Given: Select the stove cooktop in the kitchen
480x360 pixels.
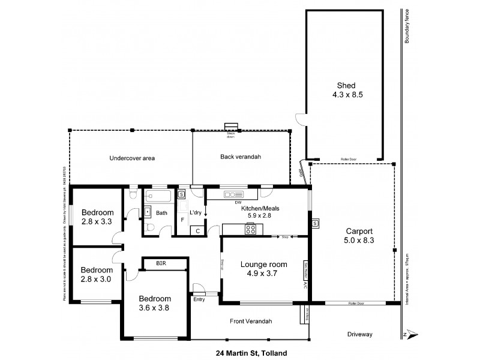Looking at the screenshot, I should pyautogui.click(x=251, y=229).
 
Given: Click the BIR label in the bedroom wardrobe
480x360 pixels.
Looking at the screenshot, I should pyautogui.click(x=161, y=263).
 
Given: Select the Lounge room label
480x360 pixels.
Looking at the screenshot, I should pyautogui.click(x=264, y=264).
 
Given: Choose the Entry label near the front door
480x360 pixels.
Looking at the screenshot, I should pyautogui.click(x=199, y=300).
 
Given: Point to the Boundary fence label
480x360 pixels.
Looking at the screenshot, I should pyautogui.click(x=407, y=26).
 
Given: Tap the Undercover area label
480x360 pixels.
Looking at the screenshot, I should pyautogui.click(x=132, y=158).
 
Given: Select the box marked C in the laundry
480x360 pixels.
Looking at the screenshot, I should pyautogui.click(x=196, y=230).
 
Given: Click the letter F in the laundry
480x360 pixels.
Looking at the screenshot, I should pyautogui.click(x=182, y=220).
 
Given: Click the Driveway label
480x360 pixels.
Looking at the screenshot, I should pyautogui.click(x=361, y=334).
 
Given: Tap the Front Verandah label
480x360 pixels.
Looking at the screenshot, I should pyautogui.click(x=251, y=322).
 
